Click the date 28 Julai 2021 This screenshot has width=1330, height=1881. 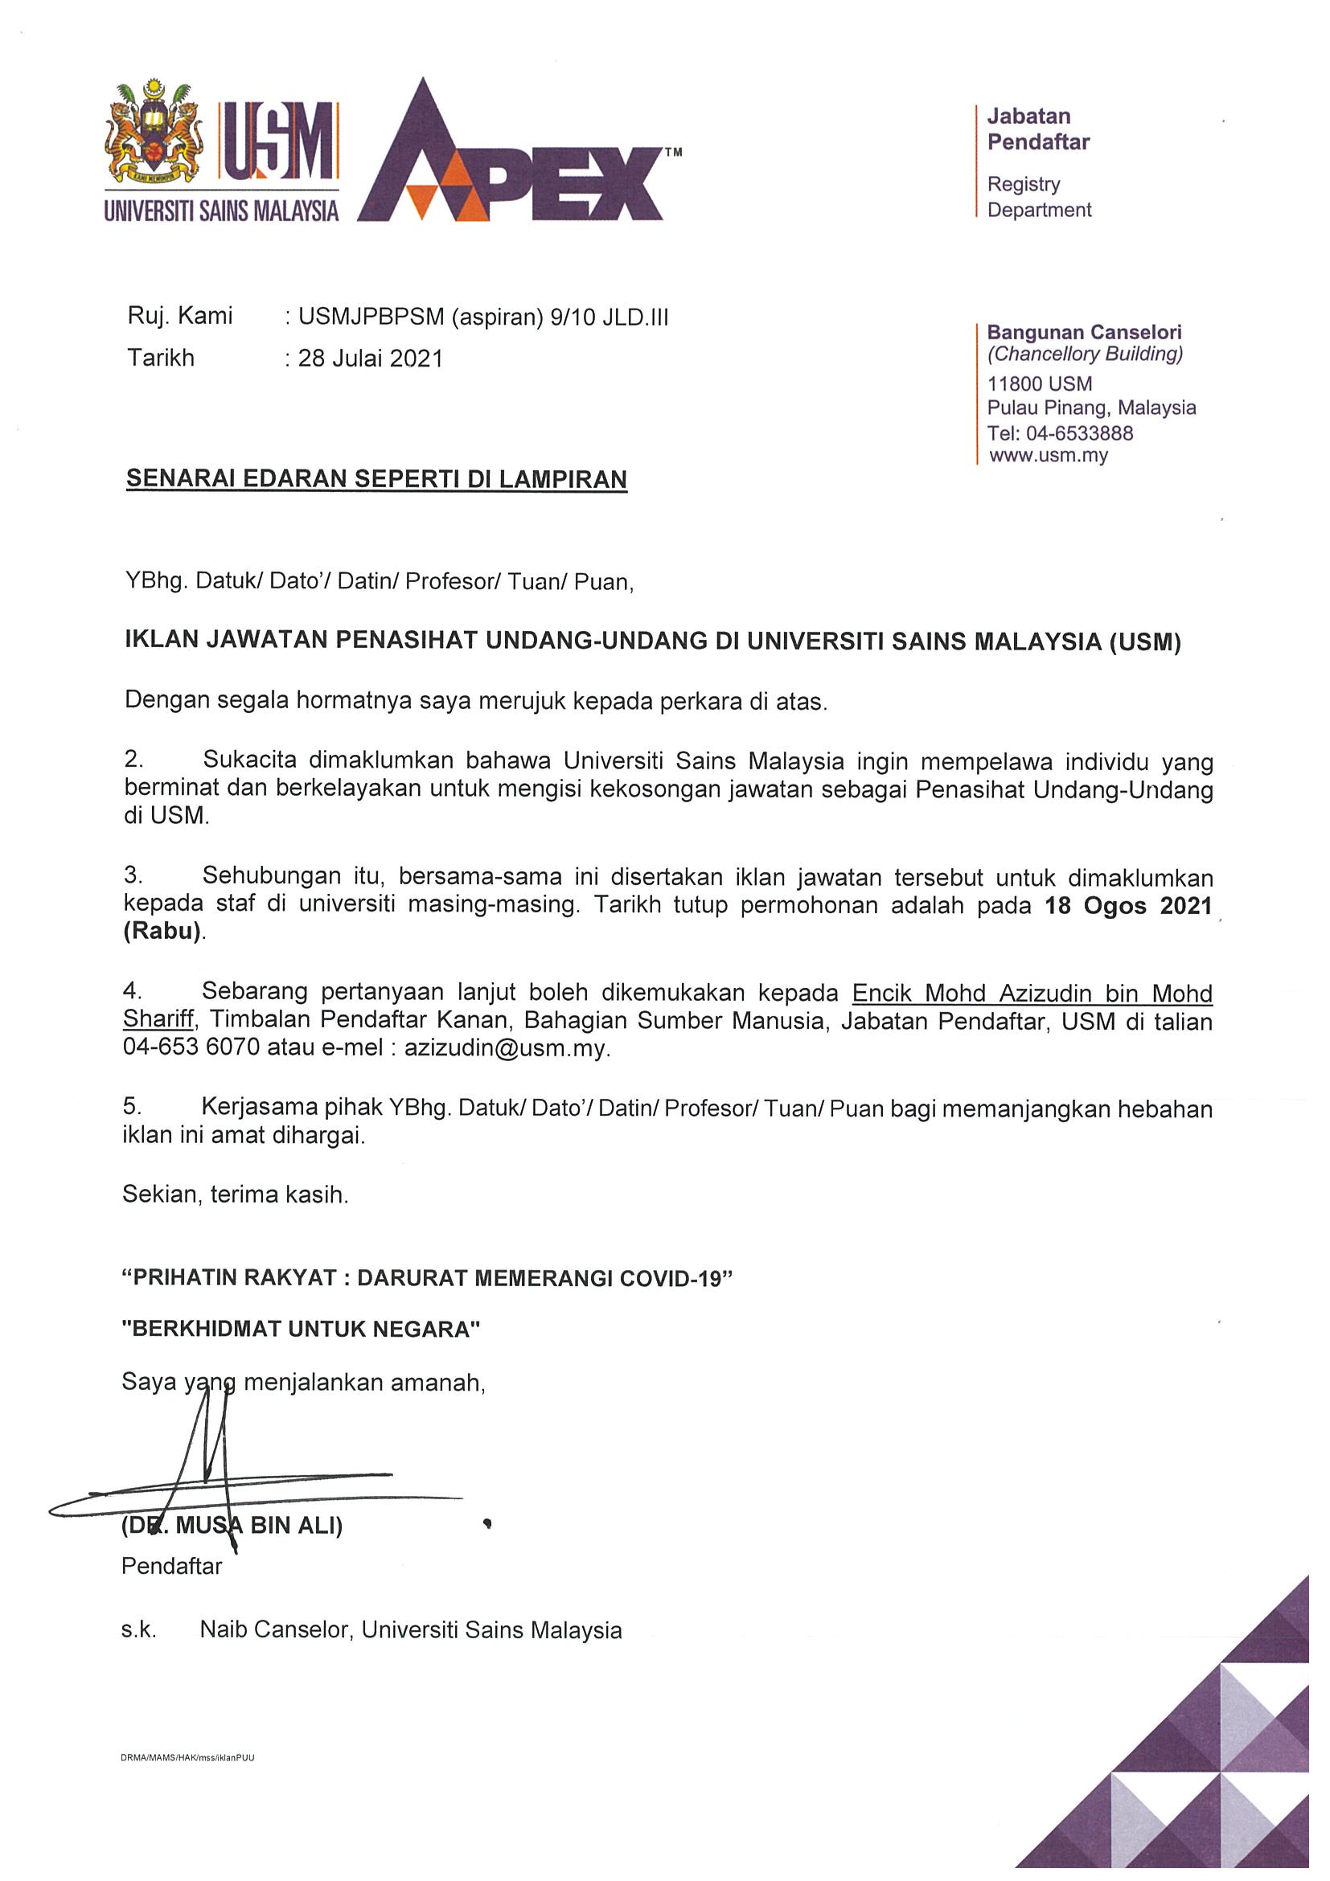(371, 359)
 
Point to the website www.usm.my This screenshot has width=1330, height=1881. (1048, 456)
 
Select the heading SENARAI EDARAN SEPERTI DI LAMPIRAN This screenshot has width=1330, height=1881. (376, 479)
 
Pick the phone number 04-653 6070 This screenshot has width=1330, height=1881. (191, 1049)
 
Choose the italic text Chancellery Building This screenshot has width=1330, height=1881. (1085, 354)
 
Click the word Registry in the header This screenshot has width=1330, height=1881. (1024, 184)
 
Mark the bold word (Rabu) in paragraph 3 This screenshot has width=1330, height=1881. (162, 933)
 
